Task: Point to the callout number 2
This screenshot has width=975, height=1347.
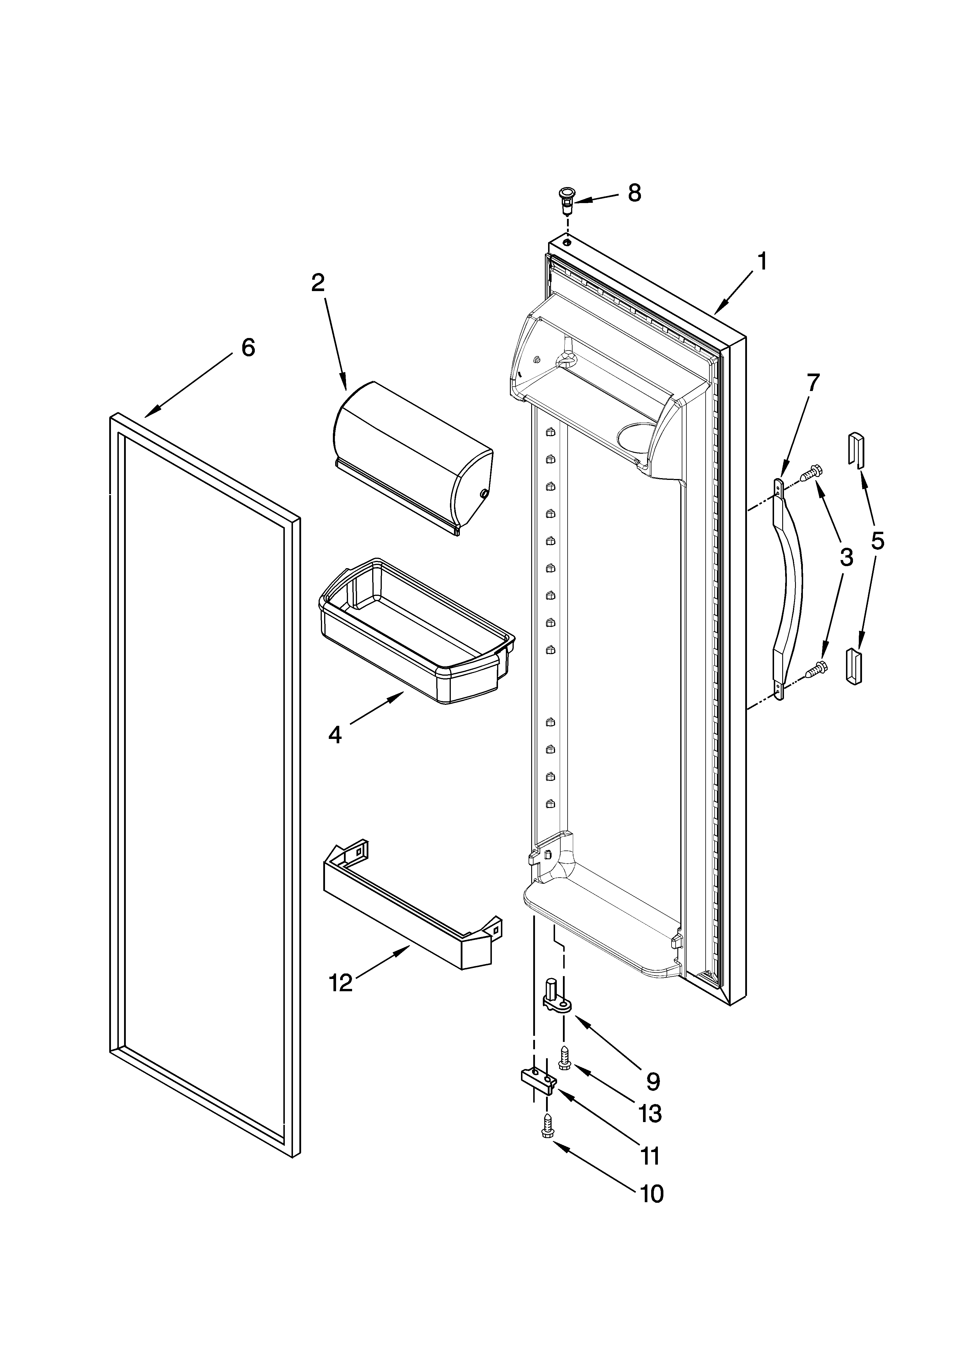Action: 318,283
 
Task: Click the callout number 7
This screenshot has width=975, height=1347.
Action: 812,383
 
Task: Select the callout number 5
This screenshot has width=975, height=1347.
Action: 878,540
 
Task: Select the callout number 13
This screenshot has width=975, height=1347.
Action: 651,1114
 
